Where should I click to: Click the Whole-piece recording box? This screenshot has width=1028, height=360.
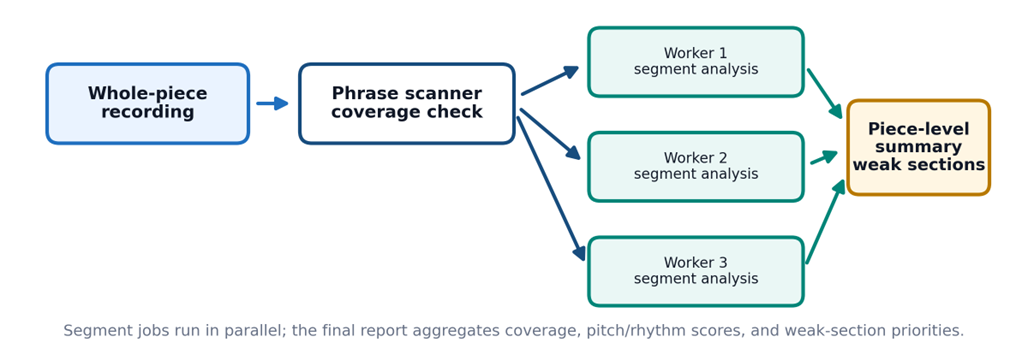click(148, 104)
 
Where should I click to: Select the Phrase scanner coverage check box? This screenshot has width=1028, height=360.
click(406, 104)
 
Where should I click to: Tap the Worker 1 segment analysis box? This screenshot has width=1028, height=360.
click(696, 62)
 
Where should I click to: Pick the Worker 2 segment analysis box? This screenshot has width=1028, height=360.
click(696, 167)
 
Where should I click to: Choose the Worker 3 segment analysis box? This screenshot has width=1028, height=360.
click(696, 271)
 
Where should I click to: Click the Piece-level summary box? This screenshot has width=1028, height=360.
click(919, 148)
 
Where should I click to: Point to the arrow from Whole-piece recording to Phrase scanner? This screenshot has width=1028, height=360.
click(272, 103)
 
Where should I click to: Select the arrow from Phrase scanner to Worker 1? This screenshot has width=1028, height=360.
click(550, 81)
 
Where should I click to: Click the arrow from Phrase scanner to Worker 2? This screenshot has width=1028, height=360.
click(551, 134)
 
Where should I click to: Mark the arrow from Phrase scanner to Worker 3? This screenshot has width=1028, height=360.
click(551, 189)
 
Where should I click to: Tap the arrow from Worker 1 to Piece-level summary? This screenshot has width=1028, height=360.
click(825, 94)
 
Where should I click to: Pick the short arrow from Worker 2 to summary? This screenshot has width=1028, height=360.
click(824, 157)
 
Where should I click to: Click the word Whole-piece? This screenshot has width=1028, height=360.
click(148, 94)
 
